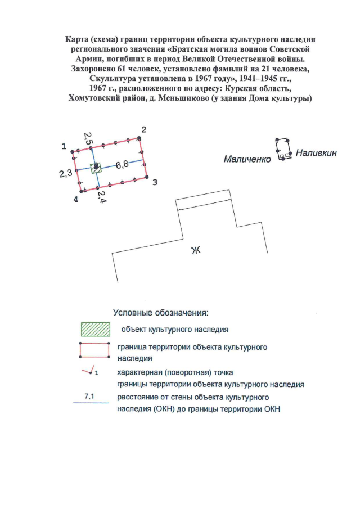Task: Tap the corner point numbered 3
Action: click(148, 177)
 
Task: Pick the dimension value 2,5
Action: click(88, 139)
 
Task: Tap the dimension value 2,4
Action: click(101, 197)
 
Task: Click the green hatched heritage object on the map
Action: click(96, 167)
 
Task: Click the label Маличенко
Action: click(247, 159)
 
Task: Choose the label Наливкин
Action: click(316, 152)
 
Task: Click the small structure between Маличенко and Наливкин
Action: click(283, 148)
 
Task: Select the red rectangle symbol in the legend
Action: click(94, 350)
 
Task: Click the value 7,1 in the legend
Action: click(89, 397)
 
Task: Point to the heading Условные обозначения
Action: click(161, 312)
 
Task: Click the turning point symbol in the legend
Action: click(88, 372)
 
